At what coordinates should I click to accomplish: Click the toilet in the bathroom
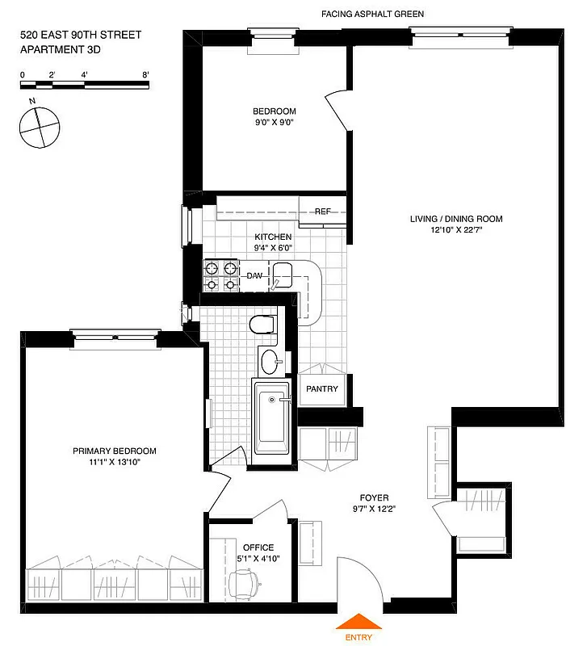pyautogui.click(x=263, y=325)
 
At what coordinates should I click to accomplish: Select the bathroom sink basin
pyautogui.click(x=272, y=361)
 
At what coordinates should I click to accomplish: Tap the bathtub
pyautogui.click(x=271, y=420)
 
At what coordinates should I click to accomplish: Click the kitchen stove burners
pyautogui.click(x=221, y=275)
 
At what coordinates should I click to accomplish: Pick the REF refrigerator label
pyautogui.click(x=323, y=212)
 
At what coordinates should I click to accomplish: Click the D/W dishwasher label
pyautogui.click(x=255, y=276)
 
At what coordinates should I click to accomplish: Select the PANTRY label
pyautogui.click(x=321, y=389)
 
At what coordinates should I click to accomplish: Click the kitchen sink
pyautogui.click(x=282, y=279)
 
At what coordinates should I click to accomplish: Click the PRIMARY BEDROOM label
pyautogui.click(x=115, y=451)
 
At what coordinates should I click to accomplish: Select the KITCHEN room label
pyautogui.click(x=273, y=237)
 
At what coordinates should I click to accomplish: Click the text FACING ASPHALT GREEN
pyautogui.click(x=372, y=15)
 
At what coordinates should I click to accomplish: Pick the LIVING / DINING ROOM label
pyautogui.click(x=456, y=219)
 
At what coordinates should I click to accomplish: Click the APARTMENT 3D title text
pyautogui.click(x=61, y=50)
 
